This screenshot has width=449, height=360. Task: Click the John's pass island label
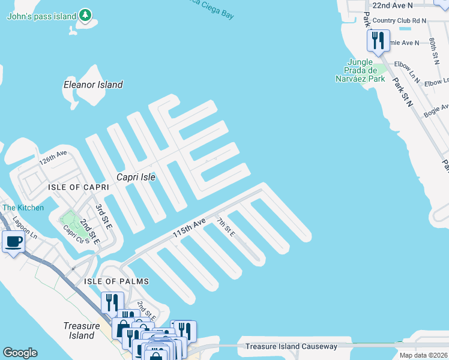(x=41, y=16)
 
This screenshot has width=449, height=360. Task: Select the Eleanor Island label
(x=93, y=85)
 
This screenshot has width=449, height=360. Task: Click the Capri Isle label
(x=136, y=177)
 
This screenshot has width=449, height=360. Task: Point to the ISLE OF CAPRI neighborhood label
(x=79, y=188)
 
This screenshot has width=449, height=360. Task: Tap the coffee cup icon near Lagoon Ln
(x=13, y=242)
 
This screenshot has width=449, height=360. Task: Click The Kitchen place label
(x=23, y=208)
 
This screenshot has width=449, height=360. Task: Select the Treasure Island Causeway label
(x=292, y=347)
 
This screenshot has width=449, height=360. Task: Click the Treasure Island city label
(x=80, y=331)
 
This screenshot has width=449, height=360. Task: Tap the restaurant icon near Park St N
(x=378, y=41)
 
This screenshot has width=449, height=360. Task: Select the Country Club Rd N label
(x=399, y=20)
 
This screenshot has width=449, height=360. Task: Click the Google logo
(x=20, y=353)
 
